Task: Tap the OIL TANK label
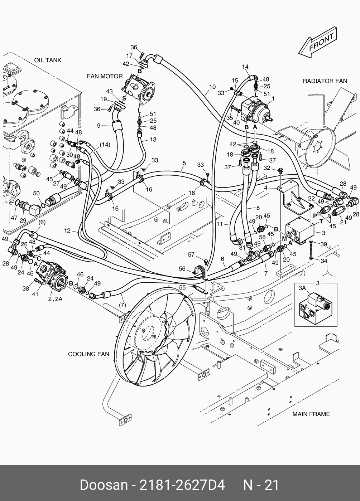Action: (48, 60)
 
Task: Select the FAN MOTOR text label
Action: (105, 76)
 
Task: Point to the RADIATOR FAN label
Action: (325, 81)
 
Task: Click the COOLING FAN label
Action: (89, 354)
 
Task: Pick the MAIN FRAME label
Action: (311, 414)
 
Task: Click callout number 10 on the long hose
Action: (212, 87)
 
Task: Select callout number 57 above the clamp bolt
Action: (191, 254)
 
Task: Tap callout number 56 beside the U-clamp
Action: (182, 268)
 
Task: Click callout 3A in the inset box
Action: (302, 288)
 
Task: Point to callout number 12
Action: (67, 230)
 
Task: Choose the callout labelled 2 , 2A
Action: (55, 299)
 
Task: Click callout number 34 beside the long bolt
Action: (324, 261)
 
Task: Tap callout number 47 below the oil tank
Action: (14, 218)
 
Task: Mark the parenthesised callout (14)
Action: (105, 145)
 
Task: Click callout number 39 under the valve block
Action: (324, 244)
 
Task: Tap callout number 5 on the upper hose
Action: (184, 163)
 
